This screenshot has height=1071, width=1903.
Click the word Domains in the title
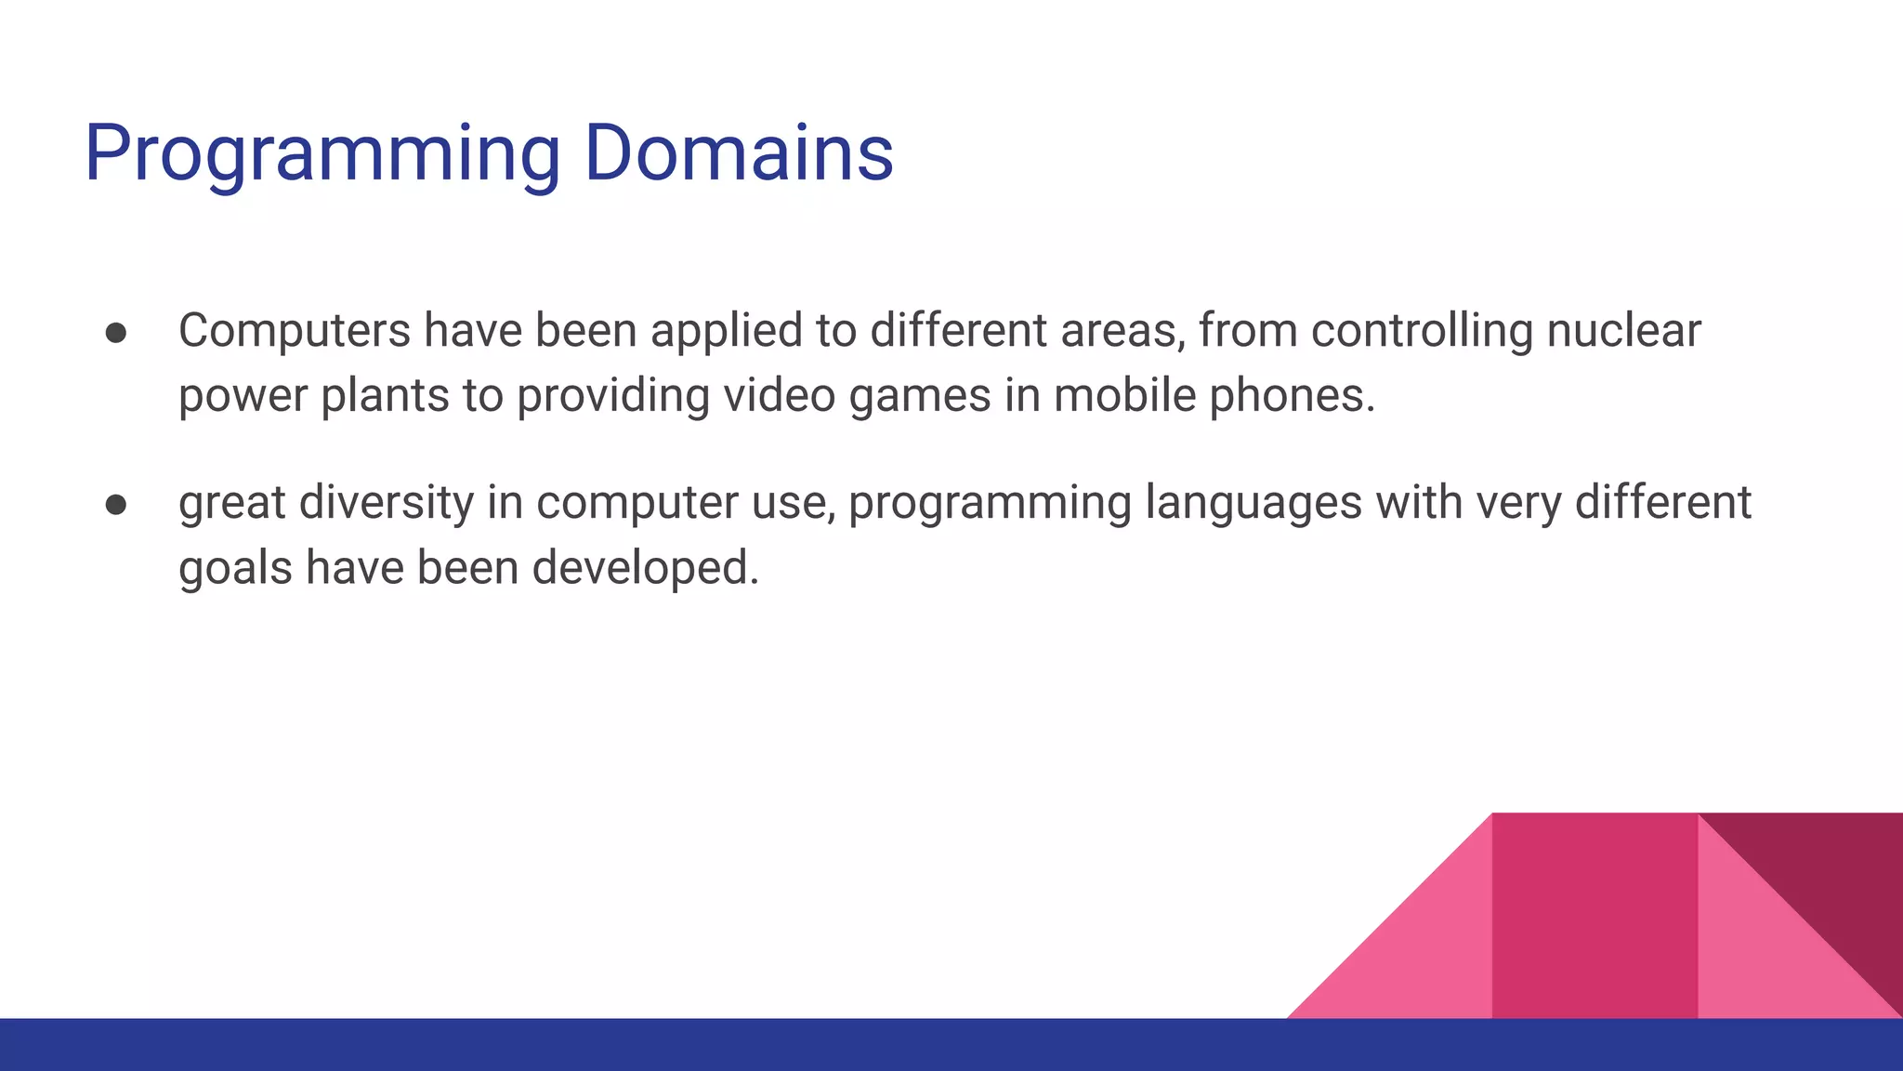(739, 153)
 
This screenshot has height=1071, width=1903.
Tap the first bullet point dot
(116, 333)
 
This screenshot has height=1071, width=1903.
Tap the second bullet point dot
(116, 505)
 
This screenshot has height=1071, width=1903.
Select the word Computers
(294, 331)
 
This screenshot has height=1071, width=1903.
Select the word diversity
(386, 503)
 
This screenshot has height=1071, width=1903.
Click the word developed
(645, 568)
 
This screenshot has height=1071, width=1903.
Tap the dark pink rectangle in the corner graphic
(1594, 916)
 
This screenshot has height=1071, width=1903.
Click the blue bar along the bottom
(650, 1045)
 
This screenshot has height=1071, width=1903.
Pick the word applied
(726, 331)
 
